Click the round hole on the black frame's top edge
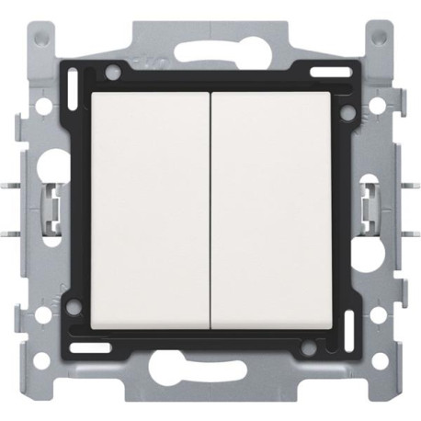111,71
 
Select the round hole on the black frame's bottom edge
310,350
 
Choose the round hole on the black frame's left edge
71,310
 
